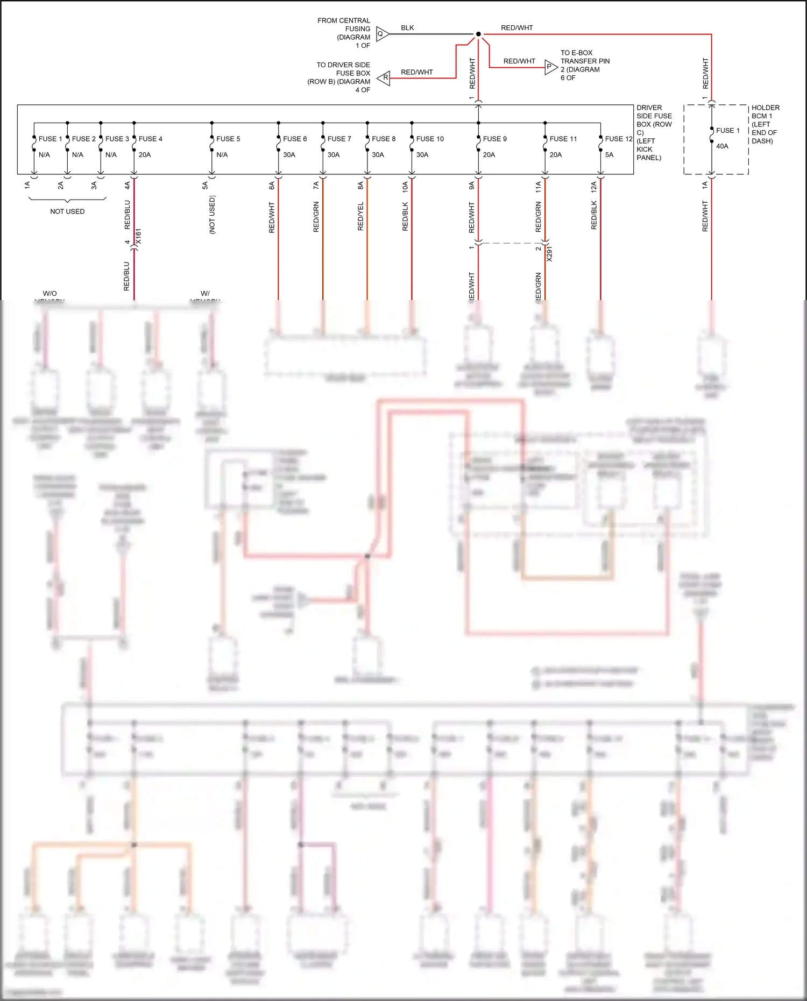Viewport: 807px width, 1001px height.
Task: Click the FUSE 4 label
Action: coord(150,139)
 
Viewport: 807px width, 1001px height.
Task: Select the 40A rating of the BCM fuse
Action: coord(722,146)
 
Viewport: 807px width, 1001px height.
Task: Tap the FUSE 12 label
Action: coord(618,139)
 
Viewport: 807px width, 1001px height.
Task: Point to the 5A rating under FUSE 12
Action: coord(609,155)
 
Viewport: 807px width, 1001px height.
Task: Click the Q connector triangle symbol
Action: coord(382,34)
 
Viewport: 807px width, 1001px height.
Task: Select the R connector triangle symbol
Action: coord(384,78)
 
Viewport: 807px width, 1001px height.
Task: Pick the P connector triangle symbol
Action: coord(550,67)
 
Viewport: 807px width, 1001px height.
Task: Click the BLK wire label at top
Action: coord(407,28)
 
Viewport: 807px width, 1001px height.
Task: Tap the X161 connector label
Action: coord(138,237)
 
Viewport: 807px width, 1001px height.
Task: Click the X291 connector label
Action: coord(549,254)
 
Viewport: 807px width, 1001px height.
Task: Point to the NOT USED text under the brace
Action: coord(67,211)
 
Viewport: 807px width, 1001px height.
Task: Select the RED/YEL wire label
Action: coord(360,216)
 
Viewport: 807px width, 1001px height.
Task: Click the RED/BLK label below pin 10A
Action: coord(405,216)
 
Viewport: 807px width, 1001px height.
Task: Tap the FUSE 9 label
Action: coord(494,139)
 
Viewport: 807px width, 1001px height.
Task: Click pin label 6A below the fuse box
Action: coord(272,186)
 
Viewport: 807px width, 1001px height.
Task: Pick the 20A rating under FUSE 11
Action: coord(555,155)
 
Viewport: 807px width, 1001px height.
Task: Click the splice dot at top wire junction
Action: coord(478,34)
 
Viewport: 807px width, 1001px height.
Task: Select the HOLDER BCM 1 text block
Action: coord(764,124)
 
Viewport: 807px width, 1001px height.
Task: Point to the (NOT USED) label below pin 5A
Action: coord(212,214)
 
